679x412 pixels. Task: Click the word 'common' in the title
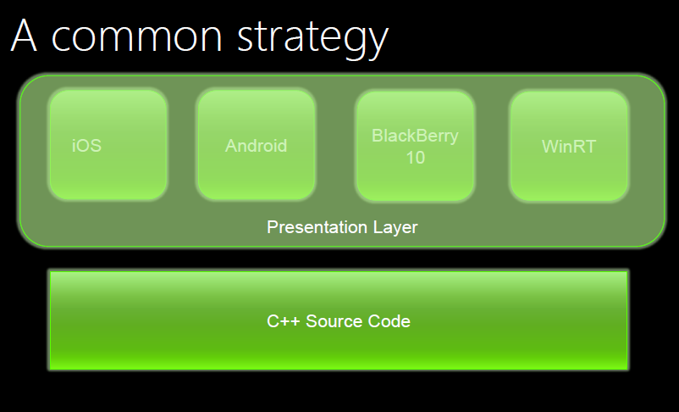coord(137,36)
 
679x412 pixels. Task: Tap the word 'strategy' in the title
coord(312,38)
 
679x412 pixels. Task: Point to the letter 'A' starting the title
coord(24,35)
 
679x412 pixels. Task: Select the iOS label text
coord(86,146)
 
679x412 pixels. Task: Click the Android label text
coord(256,146)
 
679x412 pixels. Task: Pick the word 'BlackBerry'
coord(415,136)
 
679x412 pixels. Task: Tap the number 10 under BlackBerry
coord(416,158)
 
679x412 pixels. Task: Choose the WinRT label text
coord(569,147)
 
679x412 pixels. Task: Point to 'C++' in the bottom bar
coord(284,321)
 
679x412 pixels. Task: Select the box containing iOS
coord(108,145)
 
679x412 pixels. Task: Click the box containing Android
coord(257,145)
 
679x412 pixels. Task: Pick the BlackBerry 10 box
coord(416,146)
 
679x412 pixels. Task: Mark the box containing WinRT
coord(569,146)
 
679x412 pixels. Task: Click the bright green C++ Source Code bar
coord(339,320)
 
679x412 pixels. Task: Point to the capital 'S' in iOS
coord(97,146)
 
